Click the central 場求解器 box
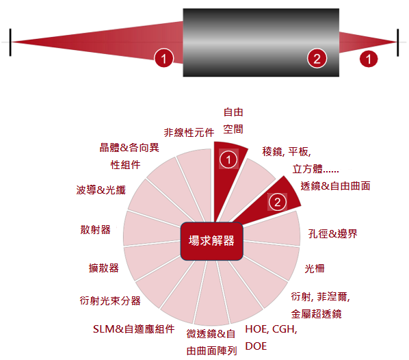point(211,241)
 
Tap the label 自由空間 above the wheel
point(233,120)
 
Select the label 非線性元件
point(189,133)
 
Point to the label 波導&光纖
point(101,190)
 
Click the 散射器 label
point(96,230)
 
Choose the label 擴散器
point(103,268)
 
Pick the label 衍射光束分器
point(110,300)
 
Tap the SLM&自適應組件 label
point(134,329)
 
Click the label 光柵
point(315,268)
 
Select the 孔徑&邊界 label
point(332,233)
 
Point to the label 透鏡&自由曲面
point(335,186)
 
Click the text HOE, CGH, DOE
point(271,337)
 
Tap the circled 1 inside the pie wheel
point(228,159)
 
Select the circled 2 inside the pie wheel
point(277,202)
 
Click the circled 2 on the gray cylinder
point(317,58)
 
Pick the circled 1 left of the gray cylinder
point(163,58)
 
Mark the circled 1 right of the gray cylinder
point(369,59)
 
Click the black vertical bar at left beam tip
point(10,42)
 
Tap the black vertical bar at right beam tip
point(398,42)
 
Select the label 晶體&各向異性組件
point(129,156)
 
